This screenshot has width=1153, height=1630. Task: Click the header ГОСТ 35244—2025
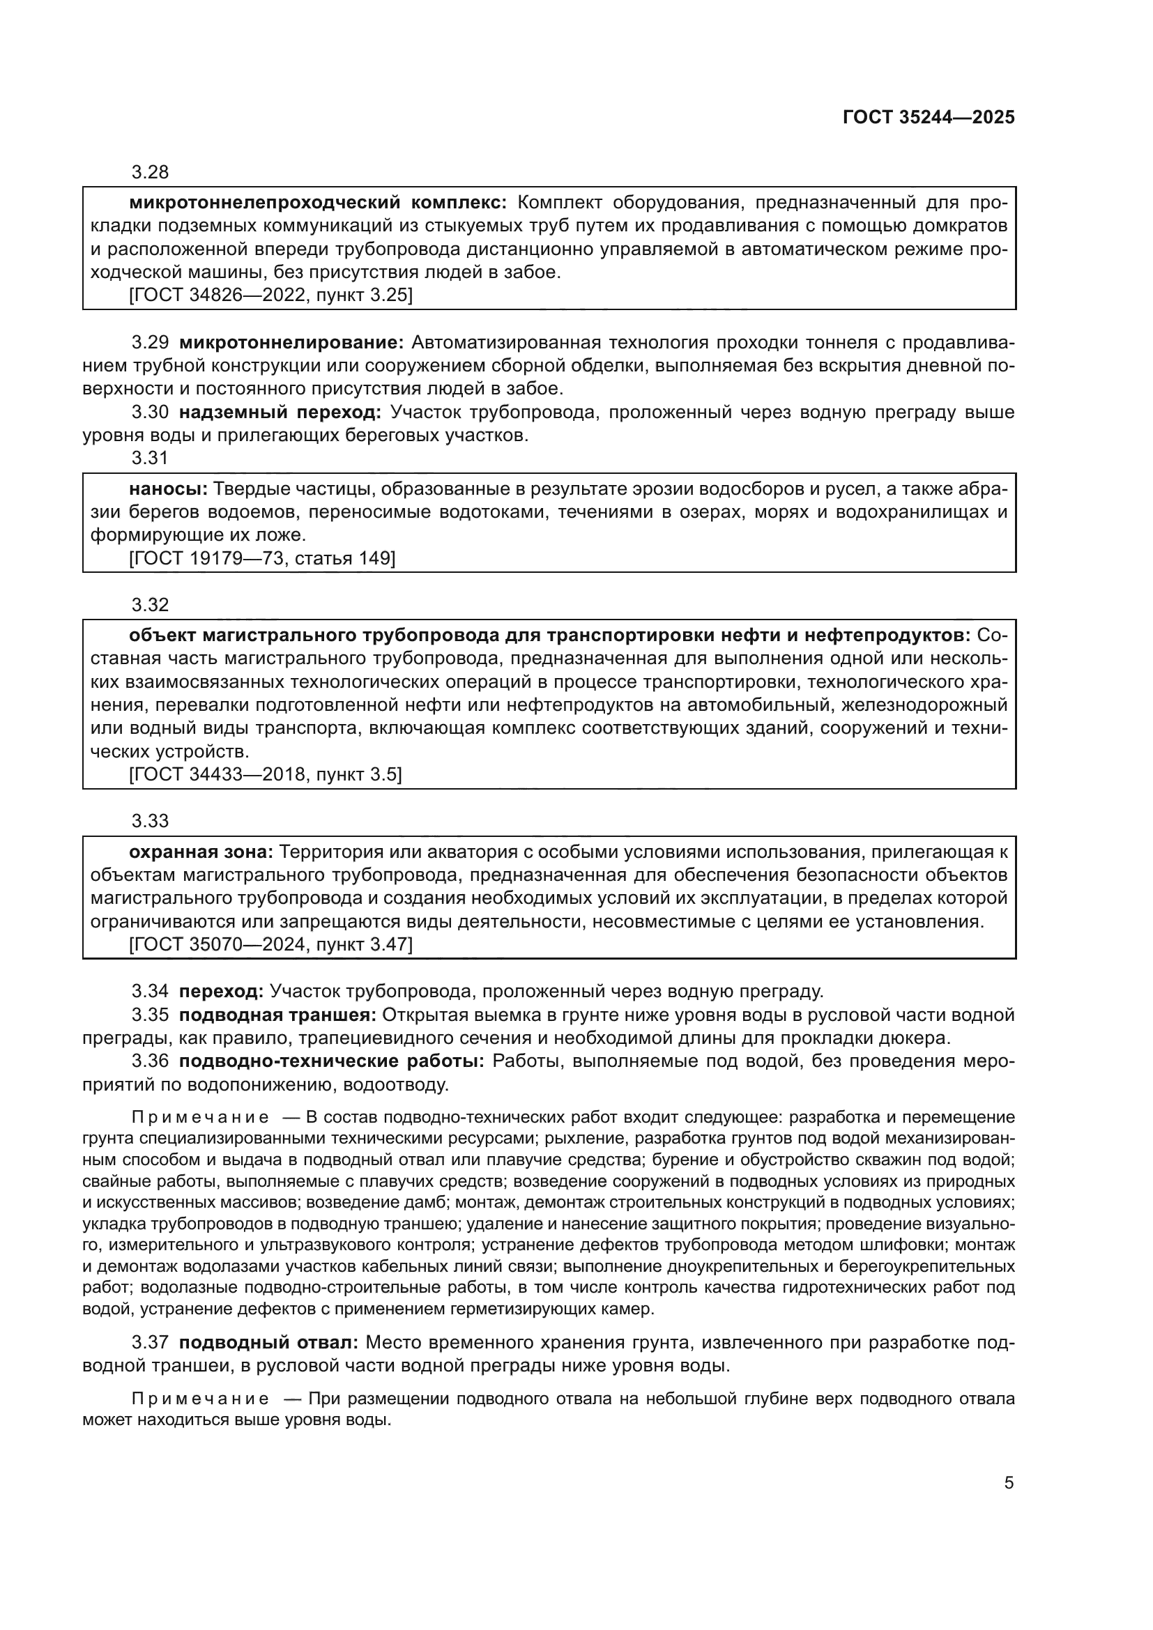click(929, 118)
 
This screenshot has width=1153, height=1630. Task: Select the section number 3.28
click(150, 173)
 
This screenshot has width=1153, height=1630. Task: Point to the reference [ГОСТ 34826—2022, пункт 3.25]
click(270, 295)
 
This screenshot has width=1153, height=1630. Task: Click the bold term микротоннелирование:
click(291, 343)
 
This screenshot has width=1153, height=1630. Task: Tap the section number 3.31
click(150, 459)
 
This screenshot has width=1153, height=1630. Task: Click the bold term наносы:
click(168, 489)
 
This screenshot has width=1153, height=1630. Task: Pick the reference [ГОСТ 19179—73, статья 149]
click(262, 559)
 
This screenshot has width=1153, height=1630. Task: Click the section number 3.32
click(150, 605)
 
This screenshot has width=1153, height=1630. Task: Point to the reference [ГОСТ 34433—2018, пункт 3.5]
click(265, 774)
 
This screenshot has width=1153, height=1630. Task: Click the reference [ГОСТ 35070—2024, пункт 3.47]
click(270, 945)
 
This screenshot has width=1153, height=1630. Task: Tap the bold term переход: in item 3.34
click(221, 991)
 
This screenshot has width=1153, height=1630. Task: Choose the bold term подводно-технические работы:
click(331, 1061)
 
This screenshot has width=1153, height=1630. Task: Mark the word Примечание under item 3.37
click(200, 1399)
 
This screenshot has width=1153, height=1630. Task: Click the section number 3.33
click(150, 822)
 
